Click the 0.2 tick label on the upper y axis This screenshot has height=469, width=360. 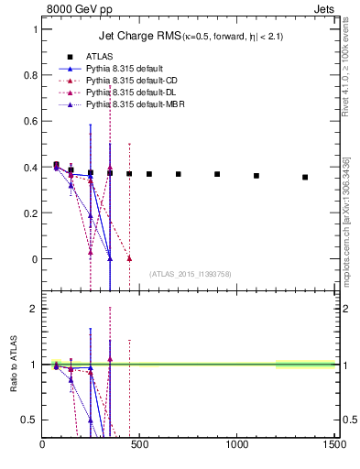(31, 213)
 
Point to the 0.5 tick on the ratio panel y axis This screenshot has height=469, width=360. (31, 420)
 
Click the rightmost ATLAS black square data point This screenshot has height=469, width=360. (305, 177)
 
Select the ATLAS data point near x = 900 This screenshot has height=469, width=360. (217, 174)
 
